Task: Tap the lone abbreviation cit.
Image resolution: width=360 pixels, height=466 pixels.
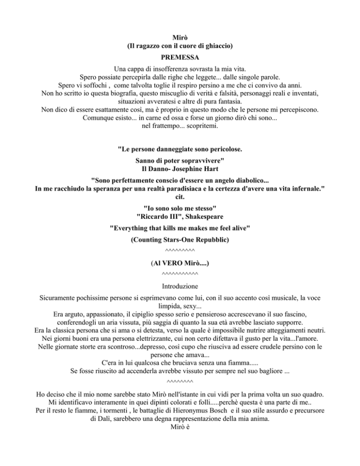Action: (180, 197)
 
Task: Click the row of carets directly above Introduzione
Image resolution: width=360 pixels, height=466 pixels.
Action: (180, 274)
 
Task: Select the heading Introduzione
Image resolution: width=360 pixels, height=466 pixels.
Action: (180, 285)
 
